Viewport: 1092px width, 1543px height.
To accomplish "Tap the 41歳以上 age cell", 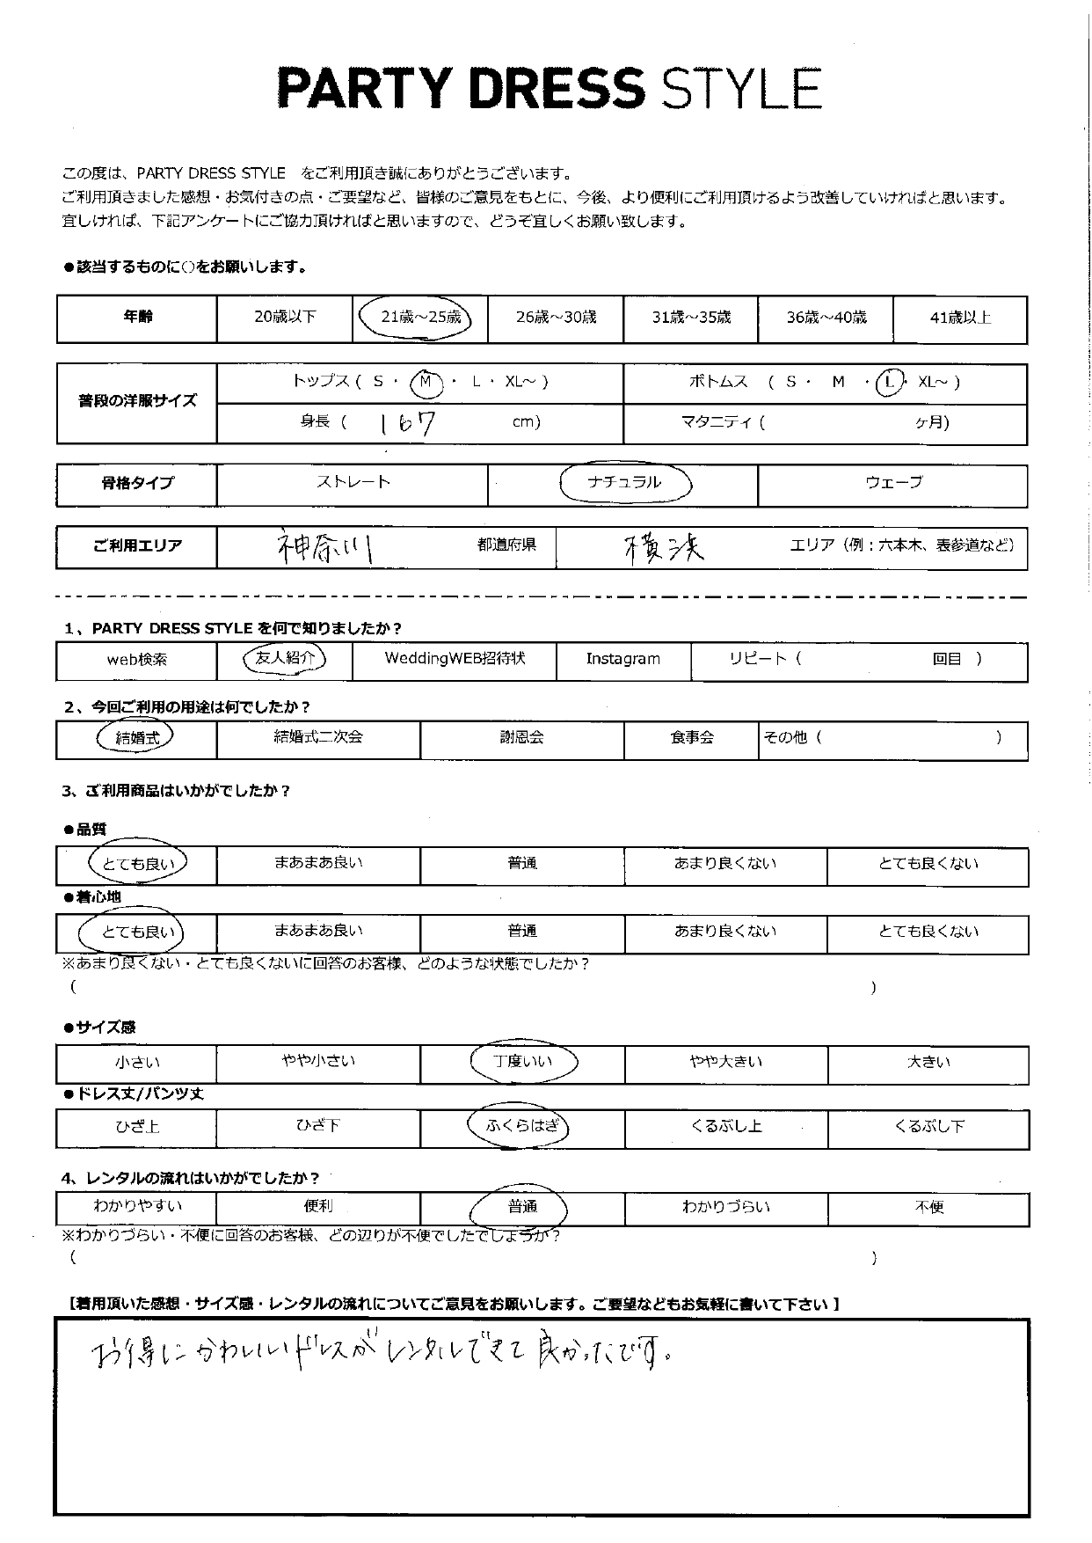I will (960, 318).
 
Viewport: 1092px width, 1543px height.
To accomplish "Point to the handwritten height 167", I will (406, 424).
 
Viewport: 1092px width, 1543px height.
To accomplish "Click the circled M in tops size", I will (426, 382).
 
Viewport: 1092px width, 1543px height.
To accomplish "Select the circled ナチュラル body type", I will (625, 482).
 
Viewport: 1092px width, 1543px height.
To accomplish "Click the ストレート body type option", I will (353, 482).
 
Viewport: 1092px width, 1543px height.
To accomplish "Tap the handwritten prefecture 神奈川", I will (324, 547).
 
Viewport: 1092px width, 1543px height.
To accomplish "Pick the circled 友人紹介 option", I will (283, 659).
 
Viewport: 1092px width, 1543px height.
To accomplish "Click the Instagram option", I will (623, 659).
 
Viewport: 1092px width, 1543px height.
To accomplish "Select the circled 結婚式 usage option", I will (136, 738).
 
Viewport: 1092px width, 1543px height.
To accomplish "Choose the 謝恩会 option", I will (521, 737).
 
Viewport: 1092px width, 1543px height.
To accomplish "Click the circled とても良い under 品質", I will (138, 864).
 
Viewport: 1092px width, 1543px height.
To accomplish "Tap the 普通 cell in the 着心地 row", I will (521, 931).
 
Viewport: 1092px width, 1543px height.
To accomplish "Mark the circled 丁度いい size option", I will (522, 1062).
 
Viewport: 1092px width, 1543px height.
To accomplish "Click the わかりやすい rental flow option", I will (136, 1207).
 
